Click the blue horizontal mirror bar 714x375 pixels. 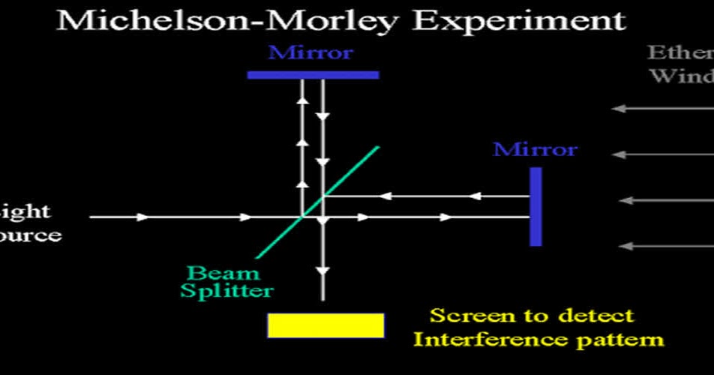313,74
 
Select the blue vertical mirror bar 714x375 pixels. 535,206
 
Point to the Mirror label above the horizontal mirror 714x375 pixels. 310,53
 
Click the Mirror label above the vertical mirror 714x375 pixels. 535,148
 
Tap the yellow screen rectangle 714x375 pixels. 325,325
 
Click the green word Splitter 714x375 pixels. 227,290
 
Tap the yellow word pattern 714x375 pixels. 619,340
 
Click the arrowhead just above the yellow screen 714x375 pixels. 323,271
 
